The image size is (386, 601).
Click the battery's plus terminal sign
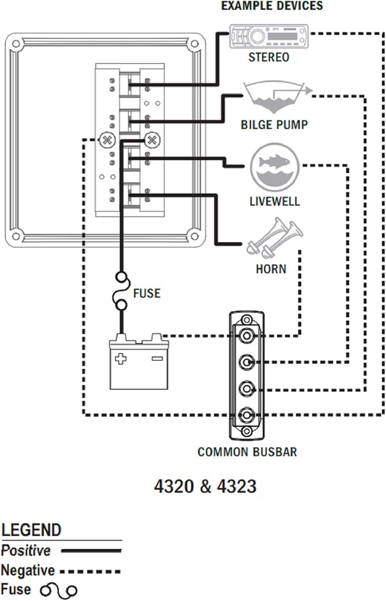point(121,358)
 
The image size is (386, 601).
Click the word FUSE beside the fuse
point(147,294)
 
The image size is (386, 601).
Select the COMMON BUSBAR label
point(247,452)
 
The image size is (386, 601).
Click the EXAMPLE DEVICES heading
point(271,6)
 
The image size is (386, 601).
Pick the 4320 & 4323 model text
point(205,487)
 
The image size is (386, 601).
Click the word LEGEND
point(31,531)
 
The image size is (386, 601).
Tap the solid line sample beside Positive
point(91,550)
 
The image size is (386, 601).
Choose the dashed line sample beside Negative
point(90,570)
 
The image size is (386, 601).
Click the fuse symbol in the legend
point(59,591)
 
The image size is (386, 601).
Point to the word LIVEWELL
point(275,202)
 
